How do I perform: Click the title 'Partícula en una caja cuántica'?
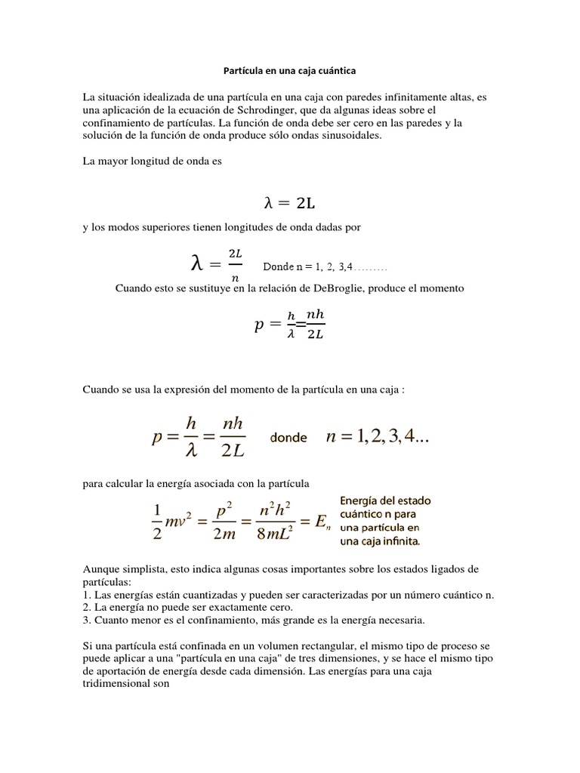tap(289, 71)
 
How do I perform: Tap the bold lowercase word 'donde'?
tap(288, 438)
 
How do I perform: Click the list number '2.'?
tap(88, 608)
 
